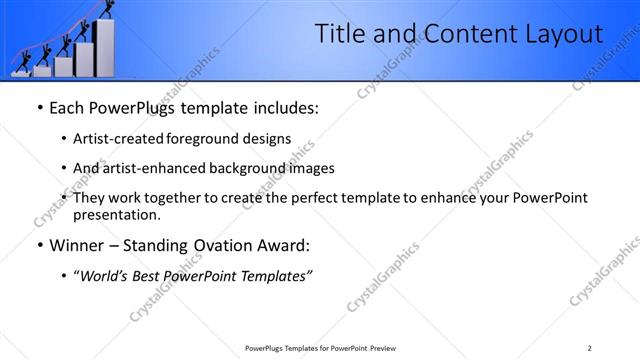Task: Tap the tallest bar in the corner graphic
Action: point(103,50)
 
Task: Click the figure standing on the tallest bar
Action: point(103,12)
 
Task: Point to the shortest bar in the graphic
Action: point(21,72)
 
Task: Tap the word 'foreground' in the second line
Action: point(210,139)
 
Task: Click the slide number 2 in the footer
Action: point(590,348)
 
